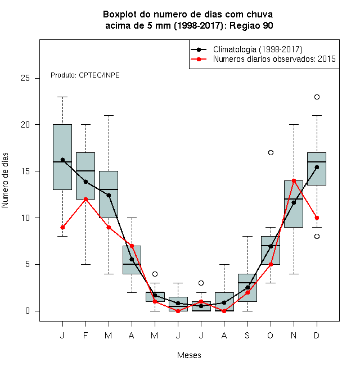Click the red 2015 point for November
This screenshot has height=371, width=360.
[x=294, y=181]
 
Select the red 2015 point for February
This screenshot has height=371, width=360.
[x=85, y=199]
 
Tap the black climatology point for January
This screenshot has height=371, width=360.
[x=62, y=160]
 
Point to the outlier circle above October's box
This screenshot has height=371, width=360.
[x=271, y=152]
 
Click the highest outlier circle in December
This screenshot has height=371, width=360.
[x=317, y=97]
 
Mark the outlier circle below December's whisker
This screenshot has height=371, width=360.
[x=317, y=236]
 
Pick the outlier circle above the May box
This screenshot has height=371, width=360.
[x=155, y=274]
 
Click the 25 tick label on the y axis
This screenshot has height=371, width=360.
[x=25, y=78]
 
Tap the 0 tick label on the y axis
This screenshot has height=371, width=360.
[x=28, y=311]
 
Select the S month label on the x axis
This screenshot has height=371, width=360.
[x=247, y=335]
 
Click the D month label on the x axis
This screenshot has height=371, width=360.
[x=317, y=335]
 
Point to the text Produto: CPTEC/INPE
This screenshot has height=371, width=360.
[x=85, y=75]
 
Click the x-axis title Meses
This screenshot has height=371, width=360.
[x=189, y=355]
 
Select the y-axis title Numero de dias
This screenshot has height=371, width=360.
[x=5, y=180]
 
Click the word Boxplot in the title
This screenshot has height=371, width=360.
[x=120, y=15]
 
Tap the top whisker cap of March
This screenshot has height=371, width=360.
[x=109, y=115]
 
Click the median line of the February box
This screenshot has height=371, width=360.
[x=85, y=171]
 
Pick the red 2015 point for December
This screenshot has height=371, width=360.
[x=317, y=218]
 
